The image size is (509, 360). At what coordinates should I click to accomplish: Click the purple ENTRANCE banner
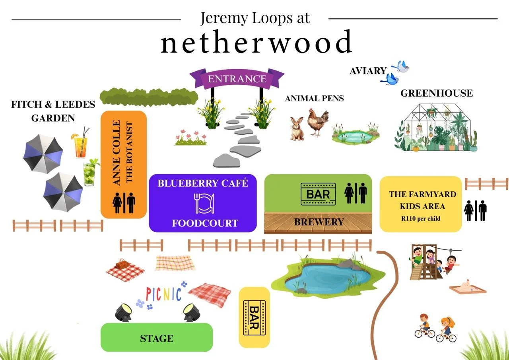(237, 78)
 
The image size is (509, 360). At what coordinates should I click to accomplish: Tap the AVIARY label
(368, 71)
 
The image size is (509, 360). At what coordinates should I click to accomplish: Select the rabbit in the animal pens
(297, 128)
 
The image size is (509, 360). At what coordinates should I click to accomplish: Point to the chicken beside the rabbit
(319, 123)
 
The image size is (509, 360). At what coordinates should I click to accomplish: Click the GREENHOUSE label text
(437, 93)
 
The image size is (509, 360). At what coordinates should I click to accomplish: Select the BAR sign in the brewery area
(318, 194)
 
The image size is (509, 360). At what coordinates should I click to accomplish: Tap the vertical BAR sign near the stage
(254, 317)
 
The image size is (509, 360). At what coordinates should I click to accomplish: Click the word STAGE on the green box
(157, 339)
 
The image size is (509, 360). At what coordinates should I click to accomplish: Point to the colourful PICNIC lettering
(163, 295)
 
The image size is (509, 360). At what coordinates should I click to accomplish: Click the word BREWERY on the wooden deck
(319, 222)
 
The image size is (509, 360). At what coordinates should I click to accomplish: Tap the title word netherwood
(256, 43)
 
